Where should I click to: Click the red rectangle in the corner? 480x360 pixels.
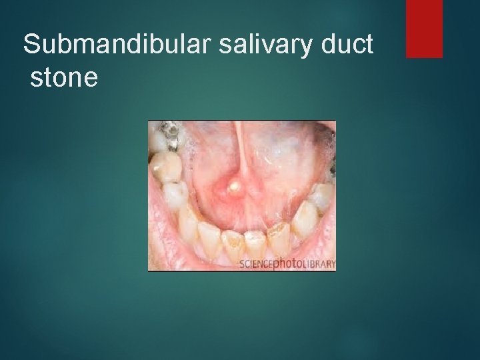pos(424,28)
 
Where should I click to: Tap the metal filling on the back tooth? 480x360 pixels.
pos(172,134)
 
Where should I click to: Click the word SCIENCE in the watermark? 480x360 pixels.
pos(257,265)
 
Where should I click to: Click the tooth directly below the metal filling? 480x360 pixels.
pos(167,166)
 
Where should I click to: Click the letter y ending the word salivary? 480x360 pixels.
pos(302,48)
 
